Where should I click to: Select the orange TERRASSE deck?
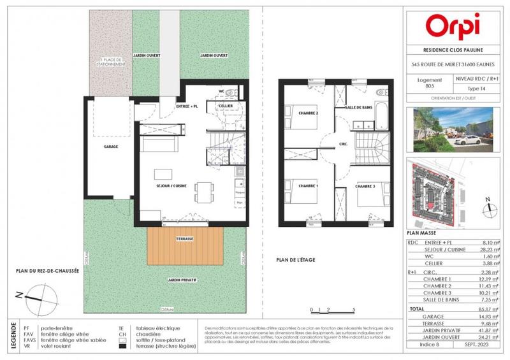(184, 247)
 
